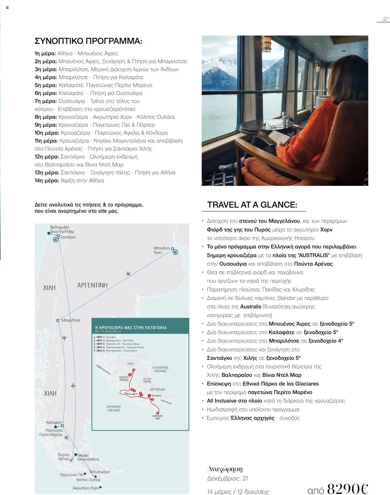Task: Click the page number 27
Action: click(x=385, y=19)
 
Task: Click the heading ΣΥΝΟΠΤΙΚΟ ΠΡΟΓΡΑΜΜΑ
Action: click(x=88, y=41)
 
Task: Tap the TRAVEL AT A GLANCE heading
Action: click(x=252, y=205)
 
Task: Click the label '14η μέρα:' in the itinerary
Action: click(x=47, y=180)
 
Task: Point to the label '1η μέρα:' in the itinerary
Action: click(x=45, y=53)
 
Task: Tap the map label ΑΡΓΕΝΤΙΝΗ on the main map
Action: click(x=92, y=285)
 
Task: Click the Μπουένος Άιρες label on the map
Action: click(x=161, y=250)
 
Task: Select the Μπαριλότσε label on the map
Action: click(x=71, y=320)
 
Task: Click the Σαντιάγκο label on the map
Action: click(x=68, y=237)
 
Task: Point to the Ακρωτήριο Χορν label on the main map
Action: click(x=85, y=488)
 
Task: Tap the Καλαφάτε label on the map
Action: click(x=54, y=422)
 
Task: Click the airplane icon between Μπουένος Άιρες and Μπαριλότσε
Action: click(x=128, y=274)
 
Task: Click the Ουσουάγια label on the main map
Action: click(x=101, y=472)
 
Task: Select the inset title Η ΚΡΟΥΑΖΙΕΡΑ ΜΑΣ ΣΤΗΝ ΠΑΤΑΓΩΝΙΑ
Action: click(x=131, y=328)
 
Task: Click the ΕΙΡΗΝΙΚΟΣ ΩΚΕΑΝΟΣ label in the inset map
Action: click(x=114, y=408)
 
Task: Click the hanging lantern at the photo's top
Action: click(x=266, y=43)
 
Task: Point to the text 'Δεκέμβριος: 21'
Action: click(x=227, y=479)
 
